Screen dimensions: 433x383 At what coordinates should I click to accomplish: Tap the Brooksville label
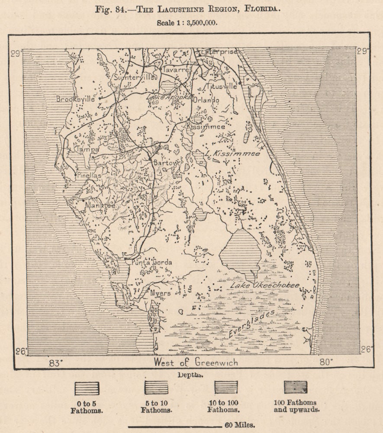point(75,99)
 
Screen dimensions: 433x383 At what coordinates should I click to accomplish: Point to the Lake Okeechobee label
point(264,286)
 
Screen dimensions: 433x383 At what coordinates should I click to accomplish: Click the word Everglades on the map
point(251,324)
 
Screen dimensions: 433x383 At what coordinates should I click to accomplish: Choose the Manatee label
point(100,206)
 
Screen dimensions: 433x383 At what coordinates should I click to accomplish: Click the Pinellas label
point(89,176)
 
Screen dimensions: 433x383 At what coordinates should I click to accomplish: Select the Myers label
point(160,293)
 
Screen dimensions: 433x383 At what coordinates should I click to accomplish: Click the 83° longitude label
point(55,362)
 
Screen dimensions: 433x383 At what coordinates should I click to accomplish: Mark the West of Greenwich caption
point(196,362)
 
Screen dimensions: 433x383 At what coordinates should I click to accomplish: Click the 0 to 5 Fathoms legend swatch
point(87,388)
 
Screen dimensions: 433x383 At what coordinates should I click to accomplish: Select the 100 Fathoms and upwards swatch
point(296,387)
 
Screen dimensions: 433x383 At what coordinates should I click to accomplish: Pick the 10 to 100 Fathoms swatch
point(226,387)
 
